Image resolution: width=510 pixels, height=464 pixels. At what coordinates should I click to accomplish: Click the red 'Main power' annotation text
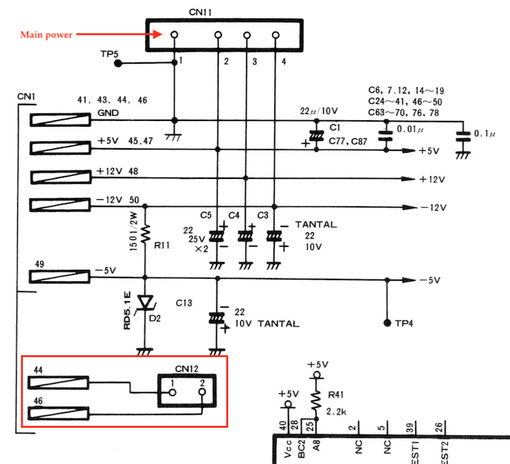pos(46,35)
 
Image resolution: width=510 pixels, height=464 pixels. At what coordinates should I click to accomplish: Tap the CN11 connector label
pos(200,12)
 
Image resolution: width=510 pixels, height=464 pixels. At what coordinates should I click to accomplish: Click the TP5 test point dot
pos(118,63)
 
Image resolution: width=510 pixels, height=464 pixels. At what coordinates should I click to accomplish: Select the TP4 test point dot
pos(387,323)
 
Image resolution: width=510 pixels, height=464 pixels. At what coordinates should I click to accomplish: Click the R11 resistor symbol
pos(145,232)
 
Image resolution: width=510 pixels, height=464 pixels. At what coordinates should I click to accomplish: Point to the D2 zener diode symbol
pos(146,302)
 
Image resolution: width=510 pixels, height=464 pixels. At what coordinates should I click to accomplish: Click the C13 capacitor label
pos(184,303)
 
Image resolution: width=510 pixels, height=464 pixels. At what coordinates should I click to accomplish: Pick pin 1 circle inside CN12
pos(173,393)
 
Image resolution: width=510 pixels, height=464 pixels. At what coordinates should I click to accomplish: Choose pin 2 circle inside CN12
pos(202,392)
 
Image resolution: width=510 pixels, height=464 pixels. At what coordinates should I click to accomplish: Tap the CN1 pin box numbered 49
pos(59,277)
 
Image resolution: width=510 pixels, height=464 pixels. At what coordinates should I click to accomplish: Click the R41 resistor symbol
pos(316,399)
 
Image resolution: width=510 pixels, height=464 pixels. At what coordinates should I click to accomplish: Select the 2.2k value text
pos(337,412)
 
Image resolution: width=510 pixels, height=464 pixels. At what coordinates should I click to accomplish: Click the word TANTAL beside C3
pos(316,225)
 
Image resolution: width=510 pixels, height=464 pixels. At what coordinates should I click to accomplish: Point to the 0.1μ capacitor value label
pos(484,134)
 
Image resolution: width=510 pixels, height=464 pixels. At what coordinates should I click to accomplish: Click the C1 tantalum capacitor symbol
pos(316,136)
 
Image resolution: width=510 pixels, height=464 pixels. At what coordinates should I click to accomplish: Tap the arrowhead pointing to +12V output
pos(409,179)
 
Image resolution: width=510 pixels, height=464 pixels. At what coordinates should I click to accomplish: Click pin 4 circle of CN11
pos(275,35)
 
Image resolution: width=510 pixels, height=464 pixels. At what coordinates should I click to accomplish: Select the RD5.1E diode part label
pos(127,311)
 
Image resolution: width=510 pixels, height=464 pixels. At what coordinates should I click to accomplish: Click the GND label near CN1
pos(108,113)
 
